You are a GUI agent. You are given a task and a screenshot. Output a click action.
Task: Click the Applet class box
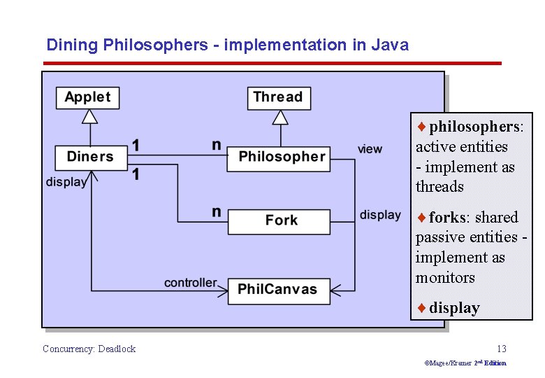point(87,97)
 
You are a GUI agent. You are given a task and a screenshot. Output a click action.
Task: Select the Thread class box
point(277,97)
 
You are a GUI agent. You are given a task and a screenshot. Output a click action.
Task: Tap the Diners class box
point(90,157)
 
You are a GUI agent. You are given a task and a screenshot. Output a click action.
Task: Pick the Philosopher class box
point(282,157)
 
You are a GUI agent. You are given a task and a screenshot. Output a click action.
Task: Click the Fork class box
point(279,220)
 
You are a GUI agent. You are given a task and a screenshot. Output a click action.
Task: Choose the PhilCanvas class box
point(279,289)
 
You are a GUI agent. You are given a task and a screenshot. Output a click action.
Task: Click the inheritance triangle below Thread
point(280,117)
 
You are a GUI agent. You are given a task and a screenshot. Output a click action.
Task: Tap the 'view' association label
point(370,149)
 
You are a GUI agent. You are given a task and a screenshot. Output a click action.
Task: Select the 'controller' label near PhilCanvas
point(190,283)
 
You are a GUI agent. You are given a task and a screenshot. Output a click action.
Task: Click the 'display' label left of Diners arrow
point(66,182)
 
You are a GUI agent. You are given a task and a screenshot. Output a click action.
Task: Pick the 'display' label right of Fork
point(380,215)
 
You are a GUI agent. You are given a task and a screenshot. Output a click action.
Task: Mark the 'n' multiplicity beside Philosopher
point(217,145)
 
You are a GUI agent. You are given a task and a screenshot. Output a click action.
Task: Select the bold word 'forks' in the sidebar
point(446,217)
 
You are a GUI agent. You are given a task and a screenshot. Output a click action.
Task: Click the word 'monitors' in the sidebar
point(445,278)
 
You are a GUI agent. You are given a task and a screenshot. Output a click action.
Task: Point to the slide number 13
point(501,349)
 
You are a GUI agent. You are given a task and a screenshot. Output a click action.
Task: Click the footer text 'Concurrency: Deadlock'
point(89,349)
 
